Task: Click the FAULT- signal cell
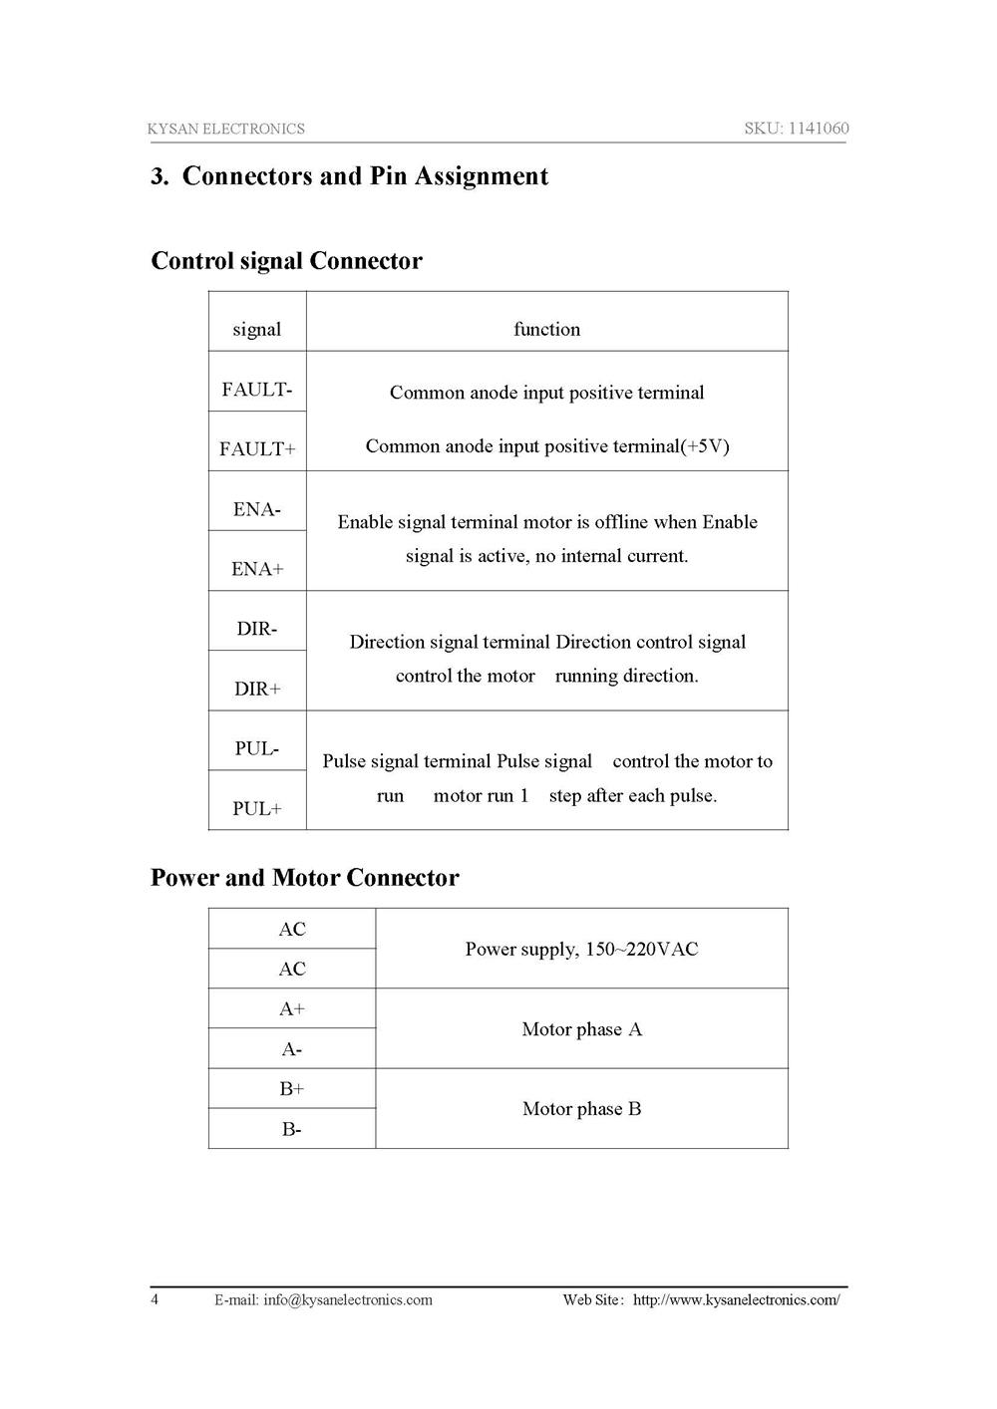coord(257,390)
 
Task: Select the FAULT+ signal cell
coord(257,449)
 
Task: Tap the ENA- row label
coord(257,509)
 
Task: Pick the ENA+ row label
coord(257,569)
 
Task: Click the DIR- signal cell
coord(257,629)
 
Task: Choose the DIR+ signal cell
coord(257,689)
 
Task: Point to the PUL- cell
coord(257,748)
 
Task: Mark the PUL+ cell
coord(257,808)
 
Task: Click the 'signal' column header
coord(257,329)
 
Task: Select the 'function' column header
coord(546,329)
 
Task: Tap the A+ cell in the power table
coord(292,1008)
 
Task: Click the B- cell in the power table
coord(292,1129)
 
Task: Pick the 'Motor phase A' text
coord(582,1029)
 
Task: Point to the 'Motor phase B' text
coord(582,1109)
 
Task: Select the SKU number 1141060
coord(819,129)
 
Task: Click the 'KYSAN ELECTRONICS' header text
coord(226,129)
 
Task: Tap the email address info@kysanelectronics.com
coord(348,1299)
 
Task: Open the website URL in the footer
coord(737,1299)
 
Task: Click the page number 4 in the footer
coord(155,1298)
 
